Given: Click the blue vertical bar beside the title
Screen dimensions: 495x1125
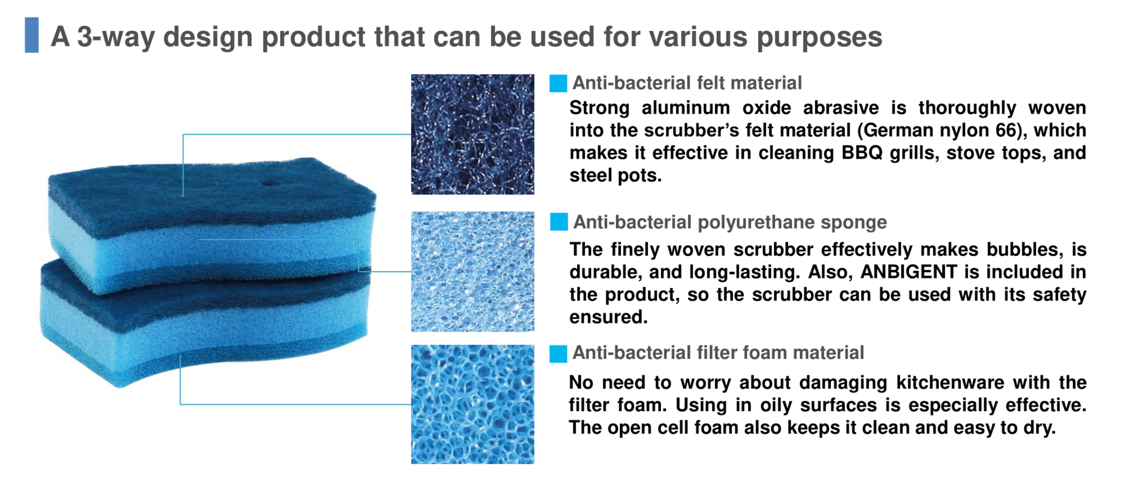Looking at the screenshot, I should click(x=32, y=35).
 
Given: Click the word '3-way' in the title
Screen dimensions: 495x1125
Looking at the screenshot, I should click(x=115, y=37).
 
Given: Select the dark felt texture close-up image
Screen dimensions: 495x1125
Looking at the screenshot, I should click(x=472, y=134).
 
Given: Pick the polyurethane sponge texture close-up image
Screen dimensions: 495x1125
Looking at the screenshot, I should click(x=472, y=271).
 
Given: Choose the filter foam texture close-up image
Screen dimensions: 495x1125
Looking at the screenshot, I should click(x=472, y=404).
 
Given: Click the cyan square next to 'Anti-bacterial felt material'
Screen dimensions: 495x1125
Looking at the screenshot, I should click(x=558, y=83).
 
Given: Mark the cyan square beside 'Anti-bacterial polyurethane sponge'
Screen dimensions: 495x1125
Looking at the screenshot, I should click(x=558, y=222).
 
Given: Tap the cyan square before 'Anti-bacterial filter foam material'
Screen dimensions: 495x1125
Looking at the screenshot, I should click(x=558, y=353).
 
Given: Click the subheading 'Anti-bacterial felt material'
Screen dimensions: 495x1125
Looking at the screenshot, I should click(x=687, y=83).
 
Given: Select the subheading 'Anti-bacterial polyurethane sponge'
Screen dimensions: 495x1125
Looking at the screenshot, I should click(x=729, y=222).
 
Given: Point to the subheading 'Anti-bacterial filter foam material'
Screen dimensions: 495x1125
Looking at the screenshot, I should click(x=718, y=353).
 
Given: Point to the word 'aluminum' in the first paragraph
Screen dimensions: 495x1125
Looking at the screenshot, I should click(x=686, y=108).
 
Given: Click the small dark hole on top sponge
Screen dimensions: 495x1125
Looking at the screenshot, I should click(x=270, y=182).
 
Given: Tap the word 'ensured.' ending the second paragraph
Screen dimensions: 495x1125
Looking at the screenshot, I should click(x=608, y=317).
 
